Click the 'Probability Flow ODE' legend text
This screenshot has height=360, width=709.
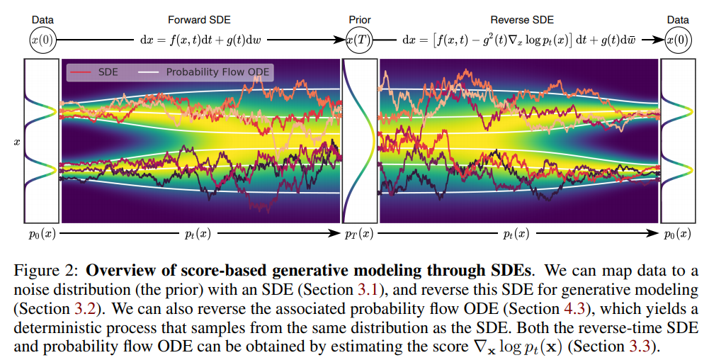[217, 72]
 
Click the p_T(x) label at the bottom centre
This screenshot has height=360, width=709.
[359, 234]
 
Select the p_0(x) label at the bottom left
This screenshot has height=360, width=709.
[42, 234]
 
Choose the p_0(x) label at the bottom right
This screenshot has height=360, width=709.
[679, 234]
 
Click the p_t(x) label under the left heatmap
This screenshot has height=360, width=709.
[200, 234]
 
